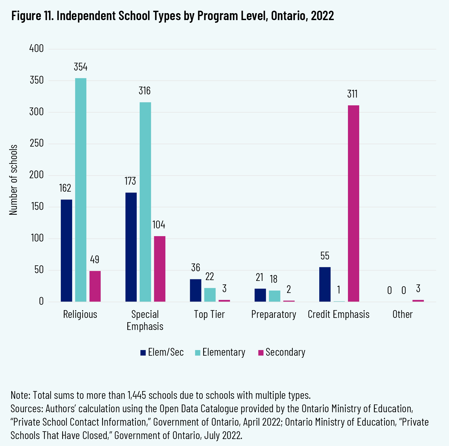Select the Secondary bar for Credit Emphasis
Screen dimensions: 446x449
353,203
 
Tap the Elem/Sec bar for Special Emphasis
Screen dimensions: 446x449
131,247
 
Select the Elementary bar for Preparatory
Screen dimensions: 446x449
274,296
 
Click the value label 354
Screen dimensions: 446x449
81,67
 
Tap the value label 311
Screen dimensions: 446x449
352,94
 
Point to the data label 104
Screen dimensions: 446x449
159,225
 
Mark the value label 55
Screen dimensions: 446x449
325,256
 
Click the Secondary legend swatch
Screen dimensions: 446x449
261,353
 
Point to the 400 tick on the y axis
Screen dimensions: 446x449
36,49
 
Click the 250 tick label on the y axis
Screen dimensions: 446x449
36,143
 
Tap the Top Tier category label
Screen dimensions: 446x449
209,314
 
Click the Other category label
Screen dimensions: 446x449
402,314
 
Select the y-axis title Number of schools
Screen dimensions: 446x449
13,180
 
